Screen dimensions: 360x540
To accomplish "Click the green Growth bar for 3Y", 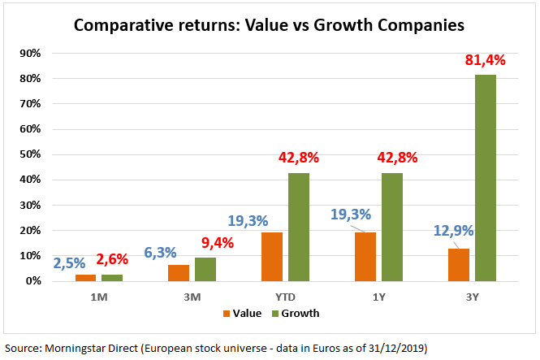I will [486, 178].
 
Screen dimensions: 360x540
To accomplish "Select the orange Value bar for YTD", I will [272, 257].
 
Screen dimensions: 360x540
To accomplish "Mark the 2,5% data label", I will [70, 263].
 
